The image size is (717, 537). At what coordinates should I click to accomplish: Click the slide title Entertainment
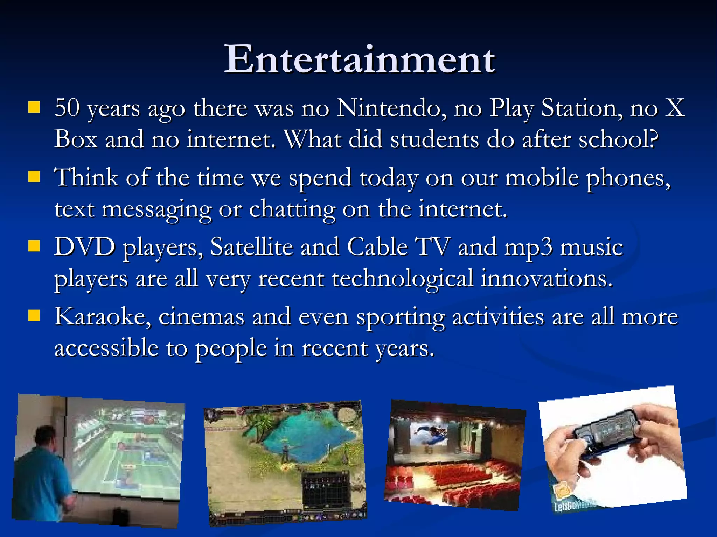[360, 59]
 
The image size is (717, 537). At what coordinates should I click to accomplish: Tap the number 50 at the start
[67, 108]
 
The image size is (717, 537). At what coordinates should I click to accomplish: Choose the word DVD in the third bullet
[84, 247]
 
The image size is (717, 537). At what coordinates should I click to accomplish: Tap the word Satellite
[251, 247]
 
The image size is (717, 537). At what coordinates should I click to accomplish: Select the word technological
[403, 279]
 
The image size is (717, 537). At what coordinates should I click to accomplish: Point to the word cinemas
[201, 317]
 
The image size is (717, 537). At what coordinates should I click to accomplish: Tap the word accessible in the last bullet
[106, 348]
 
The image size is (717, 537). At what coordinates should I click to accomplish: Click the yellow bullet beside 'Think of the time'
[34, 177]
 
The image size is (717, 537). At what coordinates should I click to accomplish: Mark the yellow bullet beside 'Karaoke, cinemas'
[34, 316]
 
